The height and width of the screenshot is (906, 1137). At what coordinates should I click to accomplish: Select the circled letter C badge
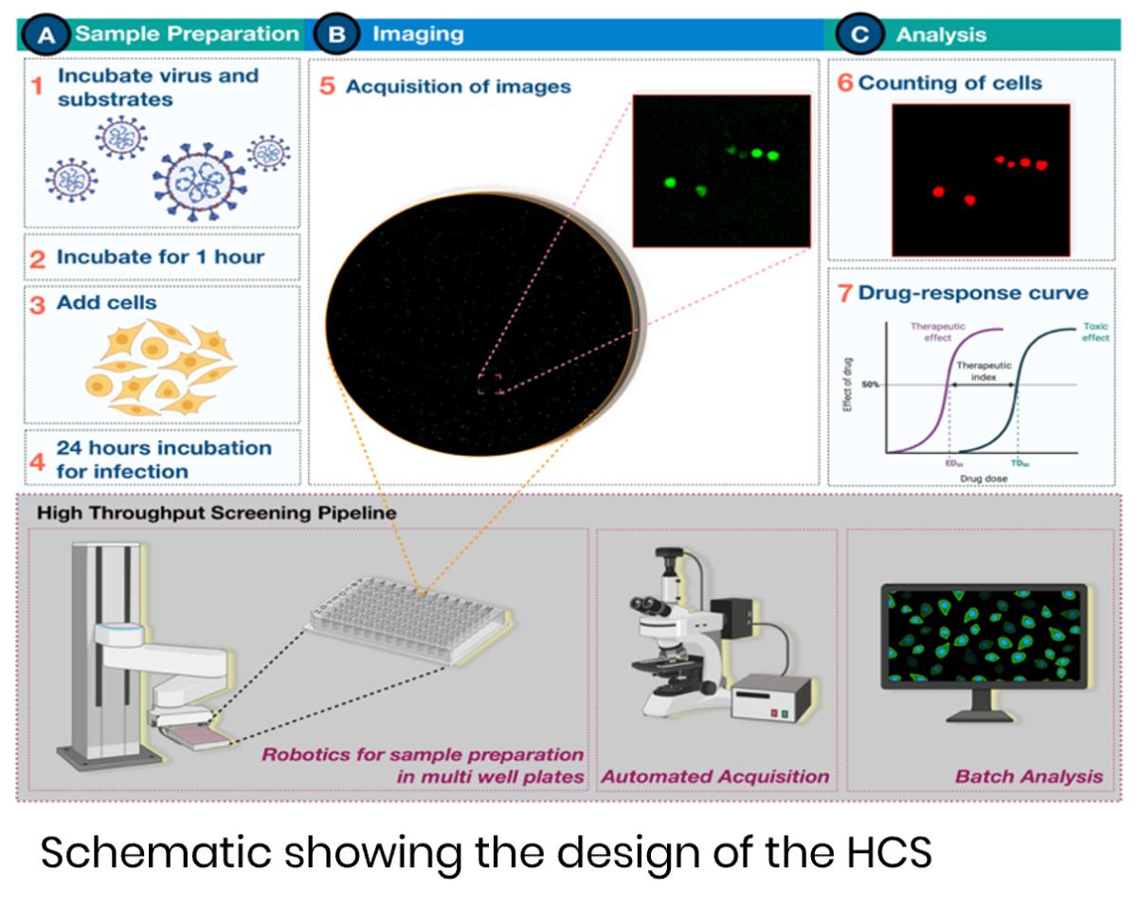point(858,35)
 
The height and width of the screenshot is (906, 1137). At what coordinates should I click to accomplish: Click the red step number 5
point(327,86)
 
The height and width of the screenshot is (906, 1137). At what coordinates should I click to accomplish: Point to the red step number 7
point(845,293)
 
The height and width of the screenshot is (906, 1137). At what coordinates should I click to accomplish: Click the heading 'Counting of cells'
point(949,82)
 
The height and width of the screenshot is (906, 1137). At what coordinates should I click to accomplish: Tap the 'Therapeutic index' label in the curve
point(984,370)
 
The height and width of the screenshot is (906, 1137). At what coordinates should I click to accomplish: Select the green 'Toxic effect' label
point(1095,332)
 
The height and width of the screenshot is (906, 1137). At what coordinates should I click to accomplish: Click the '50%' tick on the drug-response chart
point(872,385)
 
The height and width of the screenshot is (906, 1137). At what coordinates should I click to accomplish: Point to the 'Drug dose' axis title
point(984,479)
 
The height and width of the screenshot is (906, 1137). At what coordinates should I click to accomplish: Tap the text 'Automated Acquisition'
point(715,776)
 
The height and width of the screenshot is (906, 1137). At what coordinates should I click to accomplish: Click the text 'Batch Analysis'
point(1029,776)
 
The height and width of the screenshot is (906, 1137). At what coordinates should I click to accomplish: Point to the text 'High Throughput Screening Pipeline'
point(216,513)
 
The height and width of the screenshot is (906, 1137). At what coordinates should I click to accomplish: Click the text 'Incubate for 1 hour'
point(160,257)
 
